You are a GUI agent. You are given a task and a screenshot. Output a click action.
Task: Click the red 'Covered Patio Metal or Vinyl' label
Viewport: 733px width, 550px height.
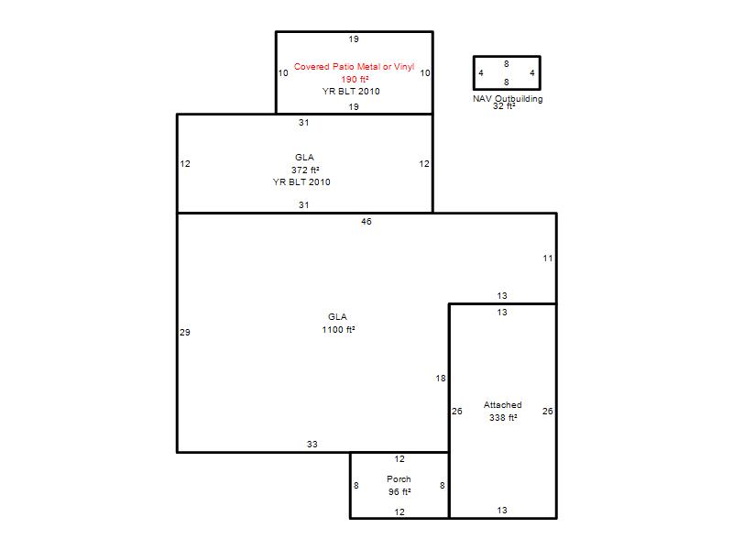point(354,67)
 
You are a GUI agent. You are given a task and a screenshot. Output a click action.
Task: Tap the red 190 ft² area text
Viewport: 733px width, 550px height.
point(355,80)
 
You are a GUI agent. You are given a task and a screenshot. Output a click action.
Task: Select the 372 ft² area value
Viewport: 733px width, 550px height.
point(305,170)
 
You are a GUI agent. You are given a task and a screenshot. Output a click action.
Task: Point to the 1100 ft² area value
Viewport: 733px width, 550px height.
point(338,330)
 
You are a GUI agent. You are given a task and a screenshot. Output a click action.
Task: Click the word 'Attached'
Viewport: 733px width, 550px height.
point(502,405)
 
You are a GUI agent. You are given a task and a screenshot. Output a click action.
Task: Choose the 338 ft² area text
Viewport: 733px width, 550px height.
point(503,418)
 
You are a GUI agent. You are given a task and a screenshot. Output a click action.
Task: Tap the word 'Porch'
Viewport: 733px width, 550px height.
point(399,479)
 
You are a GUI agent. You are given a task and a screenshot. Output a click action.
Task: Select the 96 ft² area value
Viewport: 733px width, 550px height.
point(399,492)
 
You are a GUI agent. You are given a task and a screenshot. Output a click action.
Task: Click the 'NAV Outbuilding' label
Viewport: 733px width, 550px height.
point(508,99)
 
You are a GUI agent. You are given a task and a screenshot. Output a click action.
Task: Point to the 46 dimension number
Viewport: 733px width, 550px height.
point(366,222)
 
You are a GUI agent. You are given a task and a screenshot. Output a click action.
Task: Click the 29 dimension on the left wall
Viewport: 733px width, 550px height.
point(185,333)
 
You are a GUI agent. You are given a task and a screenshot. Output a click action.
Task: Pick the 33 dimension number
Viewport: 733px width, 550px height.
point(312,445)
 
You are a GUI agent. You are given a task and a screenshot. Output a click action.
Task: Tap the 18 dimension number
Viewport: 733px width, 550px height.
point(441,379)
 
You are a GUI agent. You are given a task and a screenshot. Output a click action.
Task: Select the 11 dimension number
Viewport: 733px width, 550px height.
point(548,258)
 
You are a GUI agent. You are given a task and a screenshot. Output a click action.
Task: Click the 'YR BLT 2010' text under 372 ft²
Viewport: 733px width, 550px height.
point(301,181)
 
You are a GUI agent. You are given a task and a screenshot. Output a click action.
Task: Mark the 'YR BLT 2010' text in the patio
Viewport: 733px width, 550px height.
point(351,91)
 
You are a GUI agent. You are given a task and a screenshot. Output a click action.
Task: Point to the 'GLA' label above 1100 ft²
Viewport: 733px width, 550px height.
point(337,317)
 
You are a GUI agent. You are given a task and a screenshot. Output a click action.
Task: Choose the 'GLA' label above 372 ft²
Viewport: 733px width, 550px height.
point(304,157)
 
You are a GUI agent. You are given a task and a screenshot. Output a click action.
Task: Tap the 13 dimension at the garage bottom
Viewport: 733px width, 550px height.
point(502,511)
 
